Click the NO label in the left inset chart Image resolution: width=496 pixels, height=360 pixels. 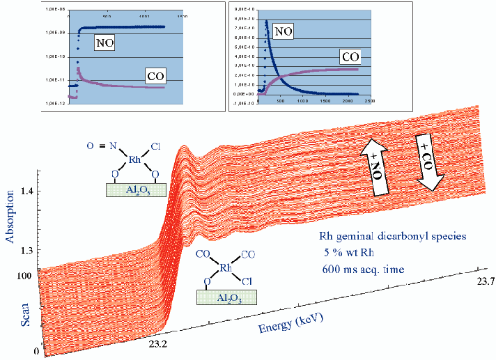pos(104,43)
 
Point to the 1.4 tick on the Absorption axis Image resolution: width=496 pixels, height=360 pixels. pos(26,191)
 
